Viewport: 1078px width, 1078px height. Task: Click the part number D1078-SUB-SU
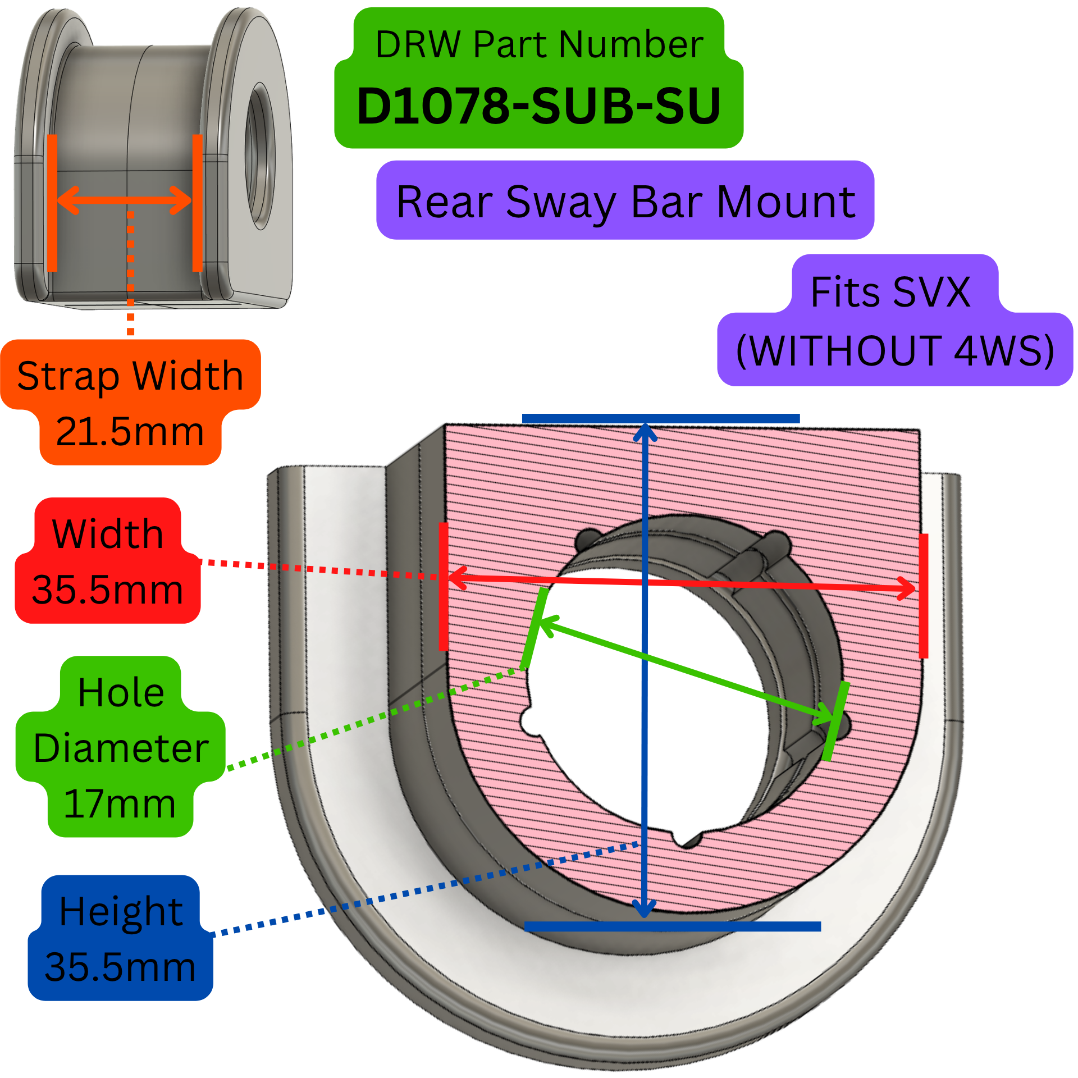coord(539,106)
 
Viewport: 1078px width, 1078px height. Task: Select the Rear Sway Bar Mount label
coord(625,202)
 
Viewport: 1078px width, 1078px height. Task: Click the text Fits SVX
coord(890,291)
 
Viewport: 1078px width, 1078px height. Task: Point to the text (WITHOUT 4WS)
coord(895,350)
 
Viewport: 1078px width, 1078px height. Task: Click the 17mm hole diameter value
coord(120,803)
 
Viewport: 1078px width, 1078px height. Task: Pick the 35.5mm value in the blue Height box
coord(120,967)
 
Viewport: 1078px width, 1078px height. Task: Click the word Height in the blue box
coord(121,911)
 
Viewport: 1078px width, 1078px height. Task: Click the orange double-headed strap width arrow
coord(125,200)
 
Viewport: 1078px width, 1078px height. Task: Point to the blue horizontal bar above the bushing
coord(661,418)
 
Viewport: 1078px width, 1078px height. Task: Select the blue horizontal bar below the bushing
coord(673,926)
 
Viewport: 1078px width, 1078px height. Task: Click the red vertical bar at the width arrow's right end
coord(924,596)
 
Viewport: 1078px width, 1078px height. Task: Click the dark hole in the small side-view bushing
coord(260,156)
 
